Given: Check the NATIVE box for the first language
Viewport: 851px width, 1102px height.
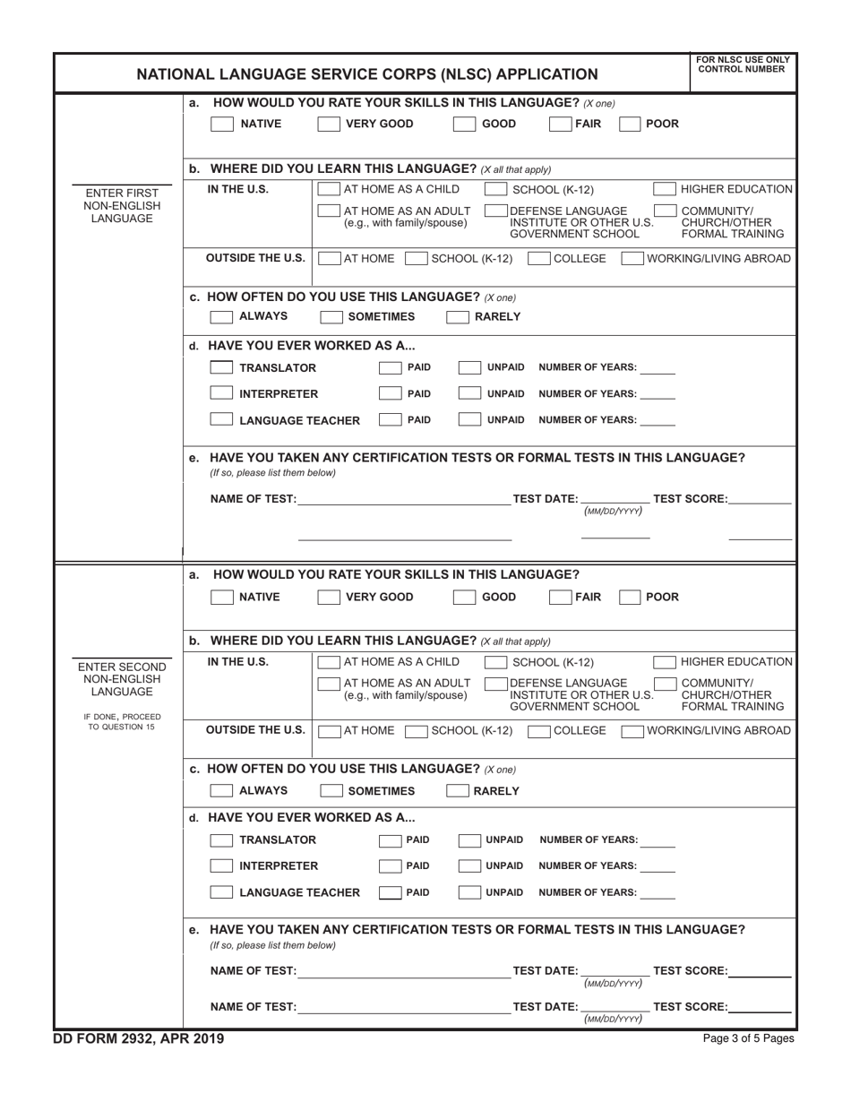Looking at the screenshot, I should [221, 125].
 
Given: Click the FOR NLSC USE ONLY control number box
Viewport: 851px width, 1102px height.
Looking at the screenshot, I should [741, 73].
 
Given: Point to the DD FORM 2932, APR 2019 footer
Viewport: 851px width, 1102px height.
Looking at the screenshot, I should [140, 1038].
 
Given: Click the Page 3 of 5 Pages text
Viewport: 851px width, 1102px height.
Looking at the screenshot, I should [749, 1039].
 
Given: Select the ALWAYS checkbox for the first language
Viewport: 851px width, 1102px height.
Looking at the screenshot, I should [221, 316].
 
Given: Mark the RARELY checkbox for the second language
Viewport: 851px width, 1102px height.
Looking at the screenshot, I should [458, 791].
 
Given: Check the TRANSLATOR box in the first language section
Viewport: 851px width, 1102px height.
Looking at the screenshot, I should [221, 368].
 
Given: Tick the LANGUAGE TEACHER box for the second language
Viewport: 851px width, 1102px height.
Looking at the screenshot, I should [221, 892].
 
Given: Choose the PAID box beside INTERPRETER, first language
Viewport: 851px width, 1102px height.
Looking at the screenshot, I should [390, 394].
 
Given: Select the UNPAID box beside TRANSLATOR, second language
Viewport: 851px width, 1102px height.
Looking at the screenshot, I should [469, 840].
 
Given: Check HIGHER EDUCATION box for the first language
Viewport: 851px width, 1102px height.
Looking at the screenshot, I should [664, 189].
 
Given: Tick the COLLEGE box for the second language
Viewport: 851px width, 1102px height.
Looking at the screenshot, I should [539, 731].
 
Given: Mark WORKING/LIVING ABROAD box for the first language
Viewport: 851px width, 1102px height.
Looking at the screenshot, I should [632, 259].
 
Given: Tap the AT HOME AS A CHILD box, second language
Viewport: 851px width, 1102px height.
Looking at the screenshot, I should [329, 662].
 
